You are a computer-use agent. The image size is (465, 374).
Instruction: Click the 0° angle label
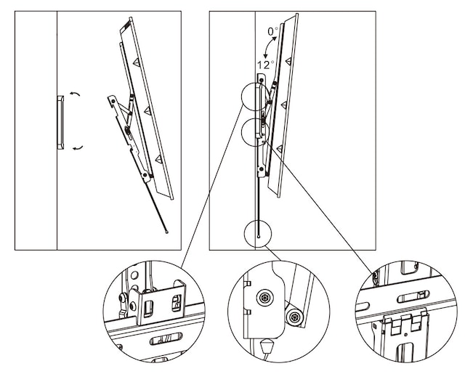pos(272,32)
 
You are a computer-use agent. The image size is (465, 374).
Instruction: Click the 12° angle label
pos(264,65)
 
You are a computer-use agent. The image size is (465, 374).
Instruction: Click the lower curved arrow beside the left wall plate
pos(76,147)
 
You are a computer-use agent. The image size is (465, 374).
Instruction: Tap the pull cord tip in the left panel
pos(167,232)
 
